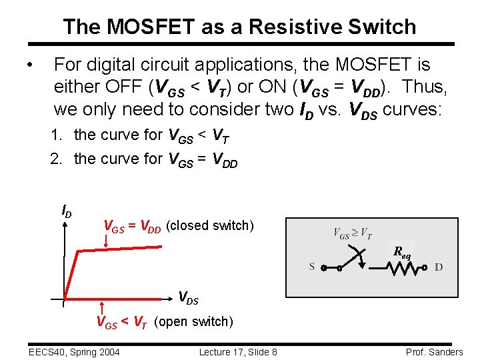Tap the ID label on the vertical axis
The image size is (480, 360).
coord(67,213)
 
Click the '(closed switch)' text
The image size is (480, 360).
coord(210,226)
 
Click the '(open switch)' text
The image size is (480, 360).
coord(194,322)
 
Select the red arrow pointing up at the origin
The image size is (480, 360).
coord(101,308)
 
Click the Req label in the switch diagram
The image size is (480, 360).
coord(402,252)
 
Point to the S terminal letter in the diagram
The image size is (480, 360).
coord(312,267)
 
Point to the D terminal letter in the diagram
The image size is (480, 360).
coord(438,267)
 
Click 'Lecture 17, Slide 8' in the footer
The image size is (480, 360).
coord(238,351)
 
